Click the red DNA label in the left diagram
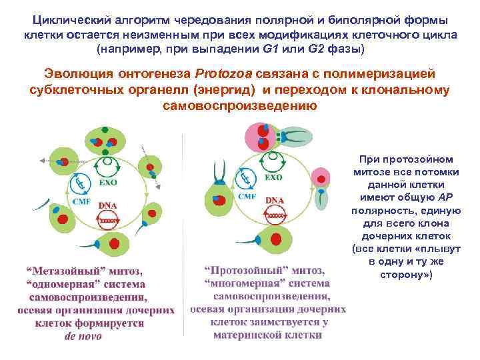(107, 205)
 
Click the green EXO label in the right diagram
(273, 177)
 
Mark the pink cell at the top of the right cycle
(261, 137)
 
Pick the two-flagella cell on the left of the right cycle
(217, 196)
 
